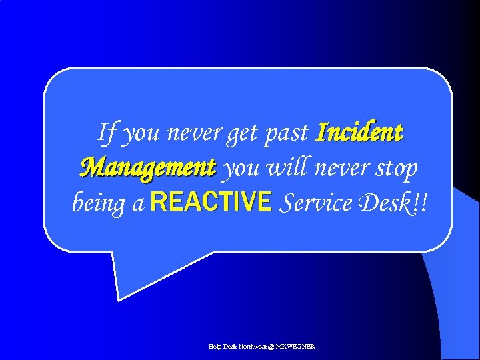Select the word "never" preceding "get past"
[x=195, y=133]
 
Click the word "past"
[x=287, y=134]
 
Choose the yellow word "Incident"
[x=359, y=132]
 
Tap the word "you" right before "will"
[x=241, y=169]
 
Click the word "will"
[x=287, y=167]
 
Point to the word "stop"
[x=396, y=169]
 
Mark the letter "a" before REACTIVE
[x=138, y=203]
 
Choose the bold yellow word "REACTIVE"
[x=211, y=201]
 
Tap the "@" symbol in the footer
[x=269, y=347]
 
